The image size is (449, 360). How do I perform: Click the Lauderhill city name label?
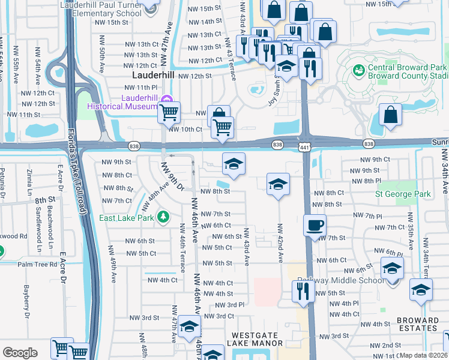click(x=152, y=77)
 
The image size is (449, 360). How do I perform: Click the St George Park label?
click(x=403, y=194)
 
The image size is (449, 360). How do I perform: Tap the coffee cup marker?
click(x=315, y=226)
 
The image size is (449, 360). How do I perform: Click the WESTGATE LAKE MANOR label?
click(x=255, y=338)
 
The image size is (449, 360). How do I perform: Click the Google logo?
click(x=20, y=352)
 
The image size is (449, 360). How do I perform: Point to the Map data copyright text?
click(x=423, y=355)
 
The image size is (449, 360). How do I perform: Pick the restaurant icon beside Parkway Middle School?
click(x=303, y=291)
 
